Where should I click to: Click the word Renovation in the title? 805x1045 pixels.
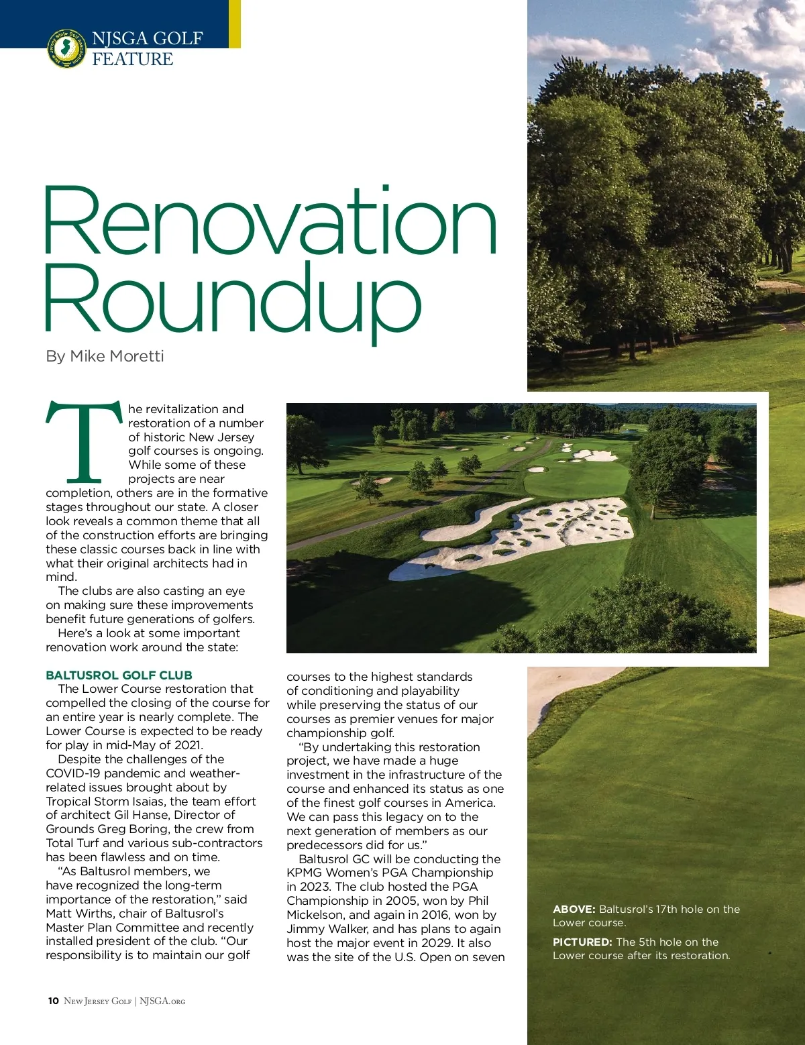pyautogui.click(x=270, y=223)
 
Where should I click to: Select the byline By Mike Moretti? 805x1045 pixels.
pyautogui.click(x=105, y=356)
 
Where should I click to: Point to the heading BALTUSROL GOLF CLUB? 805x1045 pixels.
pyautogui.click(x=119, y=675)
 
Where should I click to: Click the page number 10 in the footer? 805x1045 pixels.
pyautogui.click(x=53, y=1001)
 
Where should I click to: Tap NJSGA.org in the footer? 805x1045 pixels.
pyautogui.click(x=162, y=1001)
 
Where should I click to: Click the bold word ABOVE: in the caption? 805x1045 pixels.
pyautogui.click(x=574, y=910)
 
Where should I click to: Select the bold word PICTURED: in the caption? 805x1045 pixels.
pyautogui.click(x=582, y=942)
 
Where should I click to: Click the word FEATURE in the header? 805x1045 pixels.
pyautogui.click(x=132, y=60)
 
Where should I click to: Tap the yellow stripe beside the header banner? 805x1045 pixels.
pyautogui.click(x=234, y=23)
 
